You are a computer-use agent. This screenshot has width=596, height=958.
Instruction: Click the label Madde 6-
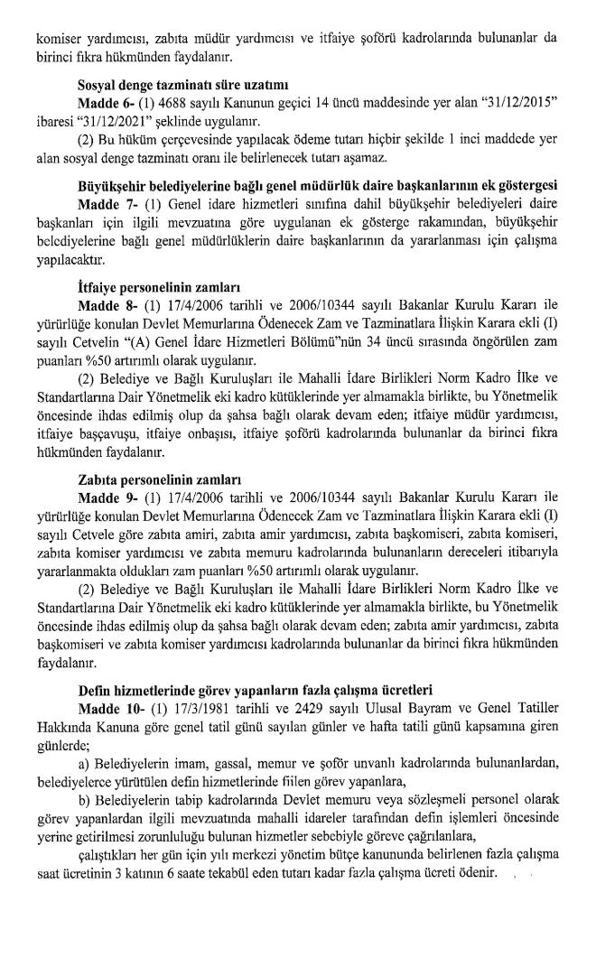tap(108, 105)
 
